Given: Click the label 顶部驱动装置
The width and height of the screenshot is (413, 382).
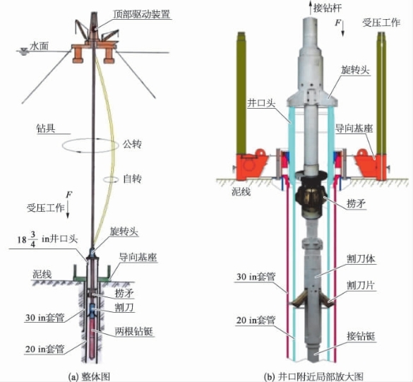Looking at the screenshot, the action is [x=141, y=13].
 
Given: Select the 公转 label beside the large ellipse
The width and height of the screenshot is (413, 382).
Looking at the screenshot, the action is [x=132, y=144].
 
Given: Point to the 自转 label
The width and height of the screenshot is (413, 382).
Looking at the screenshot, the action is [x=132, y=179].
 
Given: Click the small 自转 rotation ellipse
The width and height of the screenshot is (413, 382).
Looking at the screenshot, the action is [x=111, y=179].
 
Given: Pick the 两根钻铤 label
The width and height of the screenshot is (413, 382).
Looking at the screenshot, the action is [x=134, y=331].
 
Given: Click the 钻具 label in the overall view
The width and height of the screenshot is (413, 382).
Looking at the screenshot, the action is [x=46, y=129].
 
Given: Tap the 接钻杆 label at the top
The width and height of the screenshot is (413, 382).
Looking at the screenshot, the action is [x=328, y=8].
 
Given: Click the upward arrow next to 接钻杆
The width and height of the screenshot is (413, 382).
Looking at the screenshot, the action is [x=310, y=7].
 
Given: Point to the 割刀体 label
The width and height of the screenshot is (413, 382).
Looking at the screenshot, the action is [x=361, y=259].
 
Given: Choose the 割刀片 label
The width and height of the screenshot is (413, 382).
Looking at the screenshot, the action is [x=361, y=285].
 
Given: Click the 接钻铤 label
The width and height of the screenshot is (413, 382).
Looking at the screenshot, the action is [x=361, y=336].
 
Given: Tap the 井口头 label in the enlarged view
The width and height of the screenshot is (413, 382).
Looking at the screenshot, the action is [x=261, y=103].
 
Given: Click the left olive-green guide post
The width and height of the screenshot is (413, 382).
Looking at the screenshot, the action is [x=241, y=92].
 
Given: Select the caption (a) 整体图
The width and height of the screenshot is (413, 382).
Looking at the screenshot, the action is [x=89, y=377].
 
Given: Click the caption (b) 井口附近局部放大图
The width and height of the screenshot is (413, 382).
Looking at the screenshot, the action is [x=313, y=377].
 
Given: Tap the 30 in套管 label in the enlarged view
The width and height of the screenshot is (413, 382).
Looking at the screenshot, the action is [x=256, y=277].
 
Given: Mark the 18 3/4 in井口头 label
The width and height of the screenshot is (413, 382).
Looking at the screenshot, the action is [x=48, y=239].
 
